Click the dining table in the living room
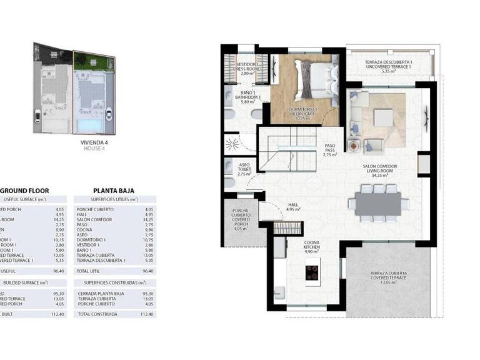click(x=378, y=204)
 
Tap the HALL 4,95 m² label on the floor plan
click(x=293, y=206)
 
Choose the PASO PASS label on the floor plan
click(x=330, y=149)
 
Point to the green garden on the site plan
click(x=93, y=61)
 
